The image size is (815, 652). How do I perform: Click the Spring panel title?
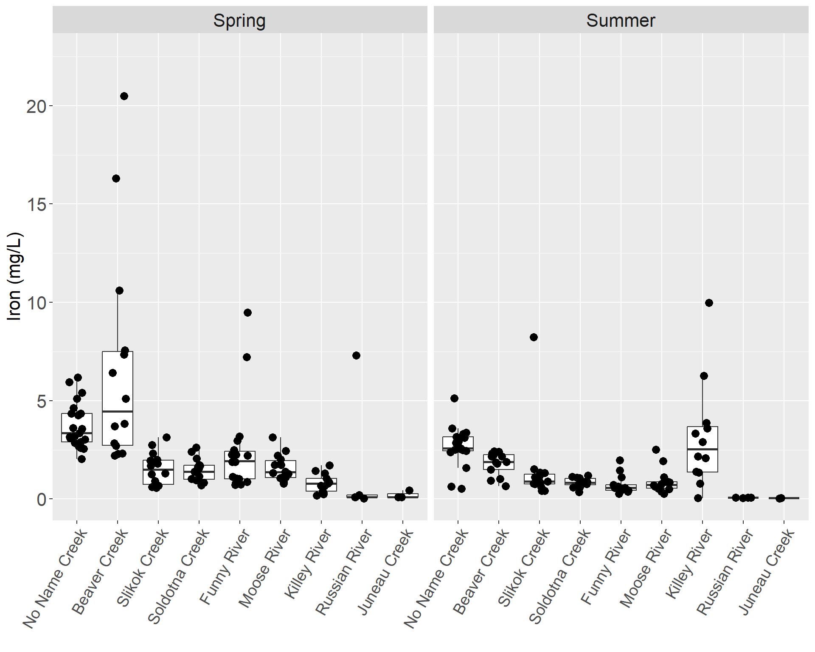[239, 20]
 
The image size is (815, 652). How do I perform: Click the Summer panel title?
[621, 20]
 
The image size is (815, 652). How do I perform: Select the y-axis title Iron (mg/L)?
[14, 276]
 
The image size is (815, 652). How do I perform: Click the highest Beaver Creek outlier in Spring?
[124, 96]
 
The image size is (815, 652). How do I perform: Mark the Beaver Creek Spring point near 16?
[116, 178]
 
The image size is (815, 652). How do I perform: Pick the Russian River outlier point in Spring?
[356, 355]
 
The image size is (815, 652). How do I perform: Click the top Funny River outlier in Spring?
[247, 312]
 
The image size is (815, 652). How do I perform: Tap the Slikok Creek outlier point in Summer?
[534, 337]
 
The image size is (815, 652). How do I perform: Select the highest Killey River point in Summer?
[709, 303]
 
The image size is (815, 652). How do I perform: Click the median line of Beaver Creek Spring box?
[118, 411]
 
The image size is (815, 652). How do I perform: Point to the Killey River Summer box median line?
[703, 449]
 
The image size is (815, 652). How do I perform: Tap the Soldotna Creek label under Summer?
[560, 575]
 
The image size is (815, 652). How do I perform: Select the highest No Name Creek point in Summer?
[454, 398]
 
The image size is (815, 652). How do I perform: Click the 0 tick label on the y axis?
[41, 499]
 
